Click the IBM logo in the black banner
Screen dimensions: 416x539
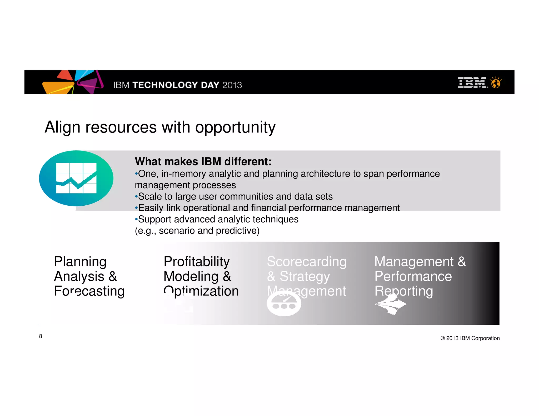pos(472,83)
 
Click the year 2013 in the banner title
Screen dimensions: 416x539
pos(232,85)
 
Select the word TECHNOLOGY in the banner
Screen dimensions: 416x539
pos(165,85)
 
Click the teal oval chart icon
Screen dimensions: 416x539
pos(76,178)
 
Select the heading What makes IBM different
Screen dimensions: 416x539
pos(203,161)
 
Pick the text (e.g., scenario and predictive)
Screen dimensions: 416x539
pos(197,231)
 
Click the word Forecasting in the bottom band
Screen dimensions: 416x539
pos(89,291)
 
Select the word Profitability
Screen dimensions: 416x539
pos(197,262)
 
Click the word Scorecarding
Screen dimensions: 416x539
pos(307,262)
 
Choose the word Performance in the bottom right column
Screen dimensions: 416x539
pos(413,276)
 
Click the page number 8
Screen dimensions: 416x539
pos(41,336)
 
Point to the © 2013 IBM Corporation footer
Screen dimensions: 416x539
pos(470,338)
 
